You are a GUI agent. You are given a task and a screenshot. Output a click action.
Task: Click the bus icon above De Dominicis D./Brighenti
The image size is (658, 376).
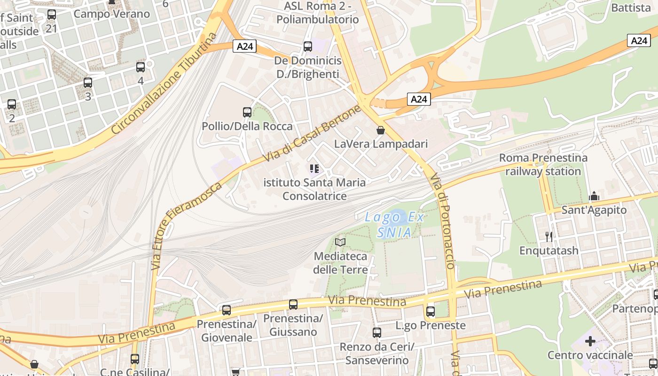tap(308, 47)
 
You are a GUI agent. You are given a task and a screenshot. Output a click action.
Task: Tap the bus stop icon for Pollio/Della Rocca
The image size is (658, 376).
tap(247, 112)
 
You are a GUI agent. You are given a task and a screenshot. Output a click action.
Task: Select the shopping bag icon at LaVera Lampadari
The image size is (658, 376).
tap(381, 130)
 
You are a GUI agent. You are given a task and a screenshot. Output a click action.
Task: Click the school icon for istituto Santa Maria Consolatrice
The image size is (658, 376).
tap(314, 168)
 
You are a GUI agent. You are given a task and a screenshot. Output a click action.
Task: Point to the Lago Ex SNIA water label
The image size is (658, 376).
tap(395, 225)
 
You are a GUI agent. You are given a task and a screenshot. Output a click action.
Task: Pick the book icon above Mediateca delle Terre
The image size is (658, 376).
tap(340, 243)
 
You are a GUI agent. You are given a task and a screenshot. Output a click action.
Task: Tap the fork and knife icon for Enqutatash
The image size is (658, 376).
tap(548, 236)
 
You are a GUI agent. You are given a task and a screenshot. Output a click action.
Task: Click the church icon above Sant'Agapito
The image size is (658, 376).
tap(594, 196)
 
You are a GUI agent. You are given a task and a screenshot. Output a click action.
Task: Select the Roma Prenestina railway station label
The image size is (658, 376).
tap(543, 164)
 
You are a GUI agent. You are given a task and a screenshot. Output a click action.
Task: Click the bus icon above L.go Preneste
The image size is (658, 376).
tap(430, 311)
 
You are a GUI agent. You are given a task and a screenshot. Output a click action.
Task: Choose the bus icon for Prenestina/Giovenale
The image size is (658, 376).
tap(227, 310)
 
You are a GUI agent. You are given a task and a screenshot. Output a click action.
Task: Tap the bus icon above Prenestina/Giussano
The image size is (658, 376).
tap(293, 305)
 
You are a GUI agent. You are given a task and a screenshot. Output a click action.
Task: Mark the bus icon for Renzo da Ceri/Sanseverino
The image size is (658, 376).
tap(377, 333)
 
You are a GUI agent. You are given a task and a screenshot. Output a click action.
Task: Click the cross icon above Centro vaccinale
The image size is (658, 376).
tap(590, 341)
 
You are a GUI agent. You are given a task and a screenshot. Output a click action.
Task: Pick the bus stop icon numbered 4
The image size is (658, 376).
tap(141, 67)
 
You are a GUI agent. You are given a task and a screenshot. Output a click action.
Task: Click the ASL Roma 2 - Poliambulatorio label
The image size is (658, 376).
tap(318, 13)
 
